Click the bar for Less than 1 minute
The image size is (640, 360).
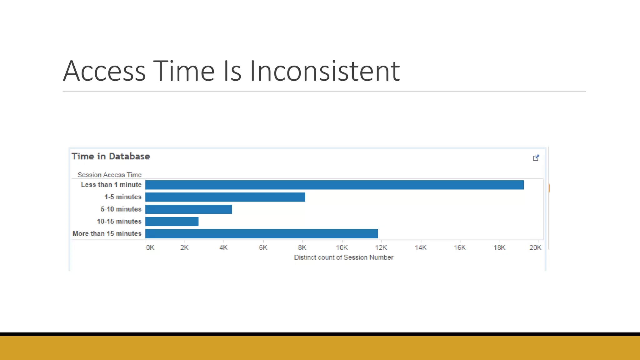tap(334, 185)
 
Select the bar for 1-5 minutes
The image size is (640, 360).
tap(225, 197)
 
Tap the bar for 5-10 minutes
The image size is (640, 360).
tap(188, 209)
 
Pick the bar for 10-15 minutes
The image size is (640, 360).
tap(172, 222)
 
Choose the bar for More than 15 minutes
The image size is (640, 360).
tap(262, 234)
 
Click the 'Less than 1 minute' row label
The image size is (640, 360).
tap(111, 185)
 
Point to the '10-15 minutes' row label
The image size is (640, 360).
tap(119, 222)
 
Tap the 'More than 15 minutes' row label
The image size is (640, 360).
tap(107, 234)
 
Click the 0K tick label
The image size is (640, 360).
tap(150, 248)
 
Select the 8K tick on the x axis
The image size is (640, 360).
tap(302, 248)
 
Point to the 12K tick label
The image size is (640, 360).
tap(381, 248)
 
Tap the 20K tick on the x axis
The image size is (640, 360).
tap(535, 248)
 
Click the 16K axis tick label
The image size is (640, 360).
tap(460, 248)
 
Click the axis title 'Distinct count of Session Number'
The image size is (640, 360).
tap(343, 257)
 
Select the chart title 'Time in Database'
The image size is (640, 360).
tap(111, 156)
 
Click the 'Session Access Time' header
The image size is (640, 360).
tap(109, 175)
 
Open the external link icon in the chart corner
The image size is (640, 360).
tap(536, 158)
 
